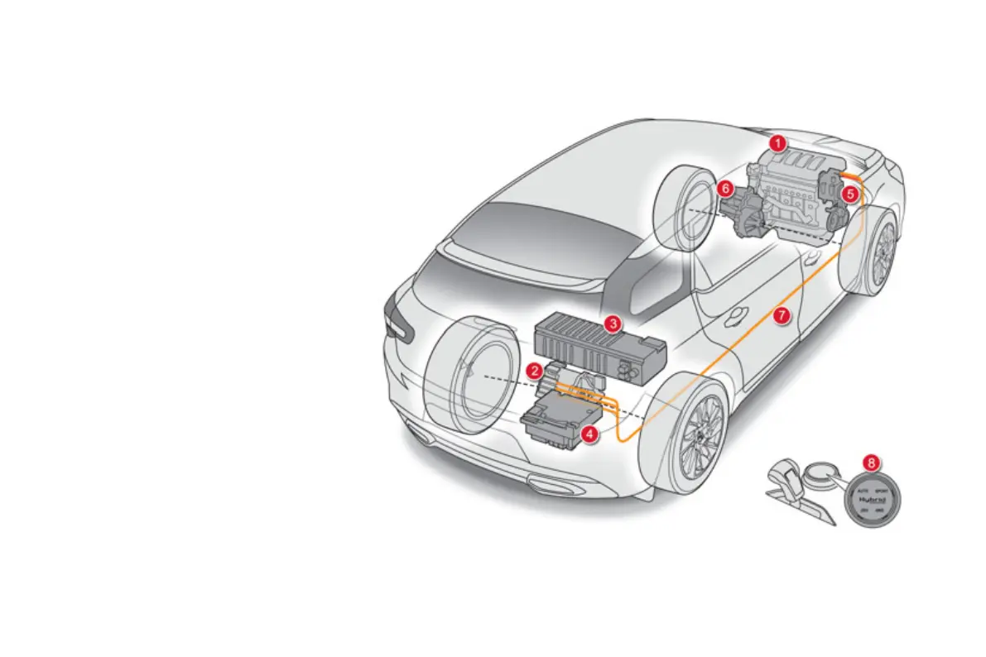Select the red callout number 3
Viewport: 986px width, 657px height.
click(x=612, y=324)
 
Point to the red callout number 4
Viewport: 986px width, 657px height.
click(x=589, y=433)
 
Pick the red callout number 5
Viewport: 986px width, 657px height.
click(x=849, y=194)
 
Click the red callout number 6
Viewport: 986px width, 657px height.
click(x=725, y=189)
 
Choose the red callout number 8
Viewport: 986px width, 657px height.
click(x=870, y=463)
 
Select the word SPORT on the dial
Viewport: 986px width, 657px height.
click(x=883, y=491)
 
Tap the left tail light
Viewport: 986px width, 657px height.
click(x=397, y=324)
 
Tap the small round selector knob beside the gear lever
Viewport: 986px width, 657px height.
click(x=820, y=472)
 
